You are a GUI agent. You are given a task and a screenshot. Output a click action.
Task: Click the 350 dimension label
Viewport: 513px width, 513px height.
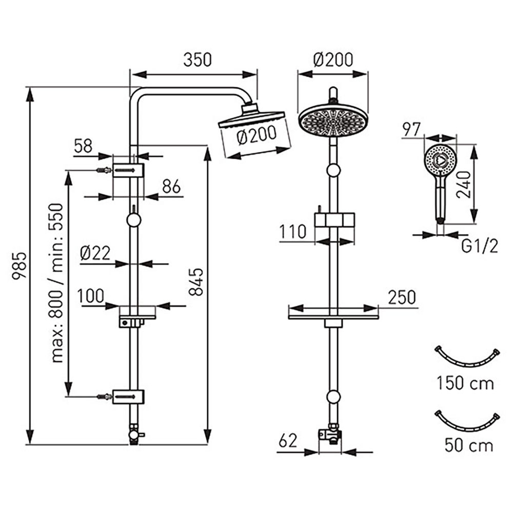point(198,60)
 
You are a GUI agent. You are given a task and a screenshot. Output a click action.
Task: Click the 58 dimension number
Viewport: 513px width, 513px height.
point(84,146)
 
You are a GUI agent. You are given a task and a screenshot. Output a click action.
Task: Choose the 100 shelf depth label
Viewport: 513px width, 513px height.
point(90,296)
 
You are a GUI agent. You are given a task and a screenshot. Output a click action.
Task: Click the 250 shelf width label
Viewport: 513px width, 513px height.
point(402,297)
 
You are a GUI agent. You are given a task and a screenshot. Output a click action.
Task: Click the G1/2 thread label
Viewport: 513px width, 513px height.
point(480,247)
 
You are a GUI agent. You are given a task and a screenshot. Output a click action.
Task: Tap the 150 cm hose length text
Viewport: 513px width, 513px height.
point(465,383)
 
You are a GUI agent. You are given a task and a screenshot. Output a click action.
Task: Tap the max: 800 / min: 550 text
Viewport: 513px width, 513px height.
point(57,283)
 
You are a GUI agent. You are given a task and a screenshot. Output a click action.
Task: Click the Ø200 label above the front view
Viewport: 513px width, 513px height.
point(333,60)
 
